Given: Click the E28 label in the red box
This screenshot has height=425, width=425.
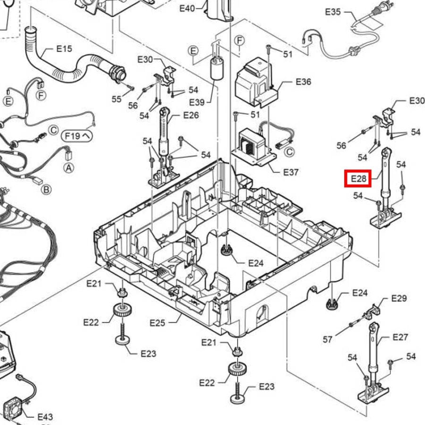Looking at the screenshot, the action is click(x=358, y=178).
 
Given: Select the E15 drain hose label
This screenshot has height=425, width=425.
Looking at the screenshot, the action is click(x=64, y=49).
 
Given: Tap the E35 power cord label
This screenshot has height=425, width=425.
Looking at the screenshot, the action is click(x=332, y=12).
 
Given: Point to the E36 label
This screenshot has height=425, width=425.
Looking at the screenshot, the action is click(x=303, y=82).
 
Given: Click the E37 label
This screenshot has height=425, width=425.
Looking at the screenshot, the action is click(x=291, y=172).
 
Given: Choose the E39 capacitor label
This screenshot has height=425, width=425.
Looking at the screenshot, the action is click(x=197, y=102).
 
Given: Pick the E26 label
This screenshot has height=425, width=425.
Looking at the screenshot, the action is click(x=191, y=116).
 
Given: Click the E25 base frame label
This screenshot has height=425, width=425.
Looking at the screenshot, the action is click(x=157, y=323).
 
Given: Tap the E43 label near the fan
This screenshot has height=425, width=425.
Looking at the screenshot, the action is click(x=45, y=416).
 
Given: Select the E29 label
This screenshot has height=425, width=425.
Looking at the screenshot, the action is click(x=399, y=298).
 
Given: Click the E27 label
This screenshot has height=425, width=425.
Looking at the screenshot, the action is click(x=400, y=337).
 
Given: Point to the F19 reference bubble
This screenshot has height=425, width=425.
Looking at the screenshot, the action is click(x=76, y=136).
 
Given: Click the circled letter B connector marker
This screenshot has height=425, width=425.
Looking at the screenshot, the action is click(x=46, y=189).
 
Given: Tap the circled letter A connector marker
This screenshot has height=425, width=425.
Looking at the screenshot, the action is click(x=69, y=168).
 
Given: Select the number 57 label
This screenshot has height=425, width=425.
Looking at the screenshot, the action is click(x=327, y=340).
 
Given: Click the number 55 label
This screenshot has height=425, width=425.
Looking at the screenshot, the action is click(x=117, y=99).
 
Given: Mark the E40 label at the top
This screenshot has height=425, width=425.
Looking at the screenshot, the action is click(x=187, y=8).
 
